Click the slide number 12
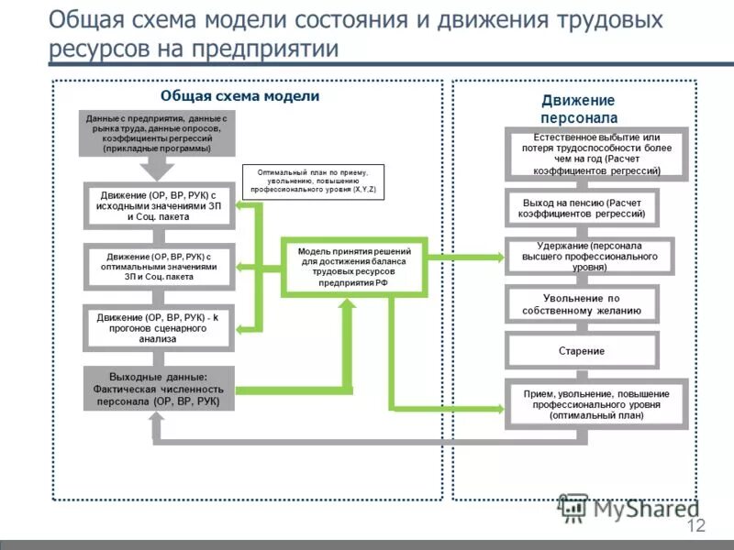[x=695, y=525]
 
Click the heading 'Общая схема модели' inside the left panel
[x=239, y=96]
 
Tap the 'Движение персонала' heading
[x=578, y=109]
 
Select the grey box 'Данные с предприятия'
[x=158, y=133]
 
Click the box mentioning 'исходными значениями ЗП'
[x=158, y=206]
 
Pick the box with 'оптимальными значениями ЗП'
[x=158, y=266]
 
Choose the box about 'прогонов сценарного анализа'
[x=158, y=327]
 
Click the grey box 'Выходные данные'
[x=158, y=389]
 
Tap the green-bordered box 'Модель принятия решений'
[x=353, y=267]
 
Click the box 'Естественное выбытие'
[x=595, y=153]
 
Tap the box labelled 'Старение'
[x=582, y=351]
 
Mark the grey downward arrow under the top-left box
[x=158, y=168]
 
